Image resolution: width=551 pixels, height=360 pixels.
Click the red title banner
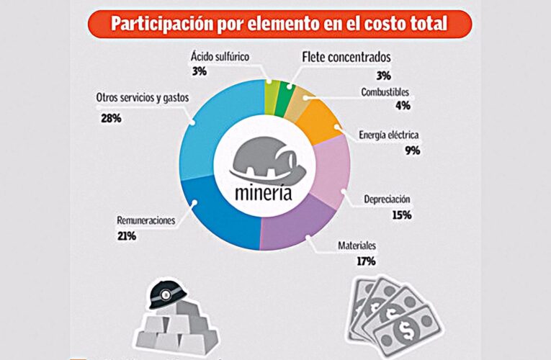[279, 23]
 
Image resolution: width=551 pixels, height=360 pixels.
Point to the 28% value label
[111, 117]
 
